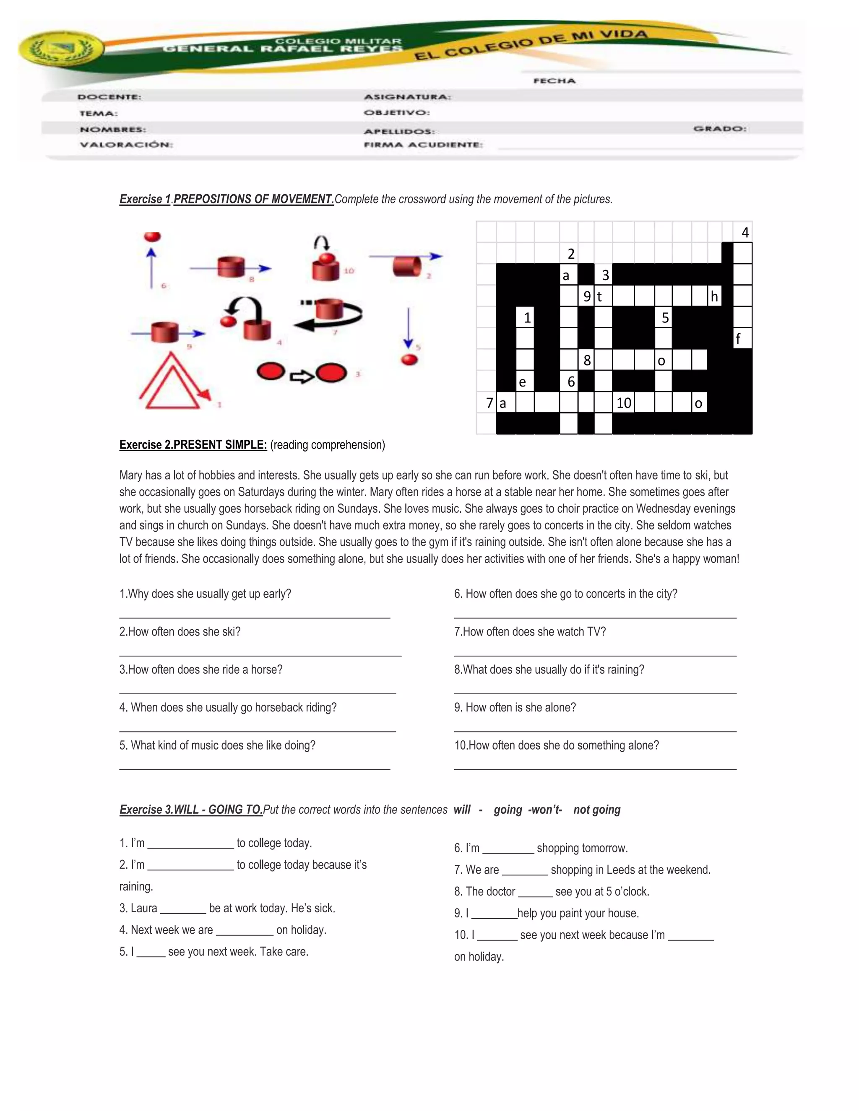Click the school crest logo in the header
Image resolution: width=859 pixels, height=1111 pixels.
(60, 50)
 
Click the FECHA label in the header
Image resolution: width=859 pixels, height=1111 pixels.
(554, 81)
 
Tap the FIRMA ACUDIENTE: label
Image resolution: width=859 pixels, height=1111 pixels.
(423, 145)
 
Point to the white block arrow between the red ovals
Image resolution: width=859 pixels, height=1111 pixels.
(302, 376)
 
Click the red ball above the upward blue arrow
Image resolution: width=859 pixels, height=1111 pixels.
(152, 237)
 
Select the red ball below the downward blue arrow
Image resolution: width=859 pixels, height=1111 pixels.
(409, 360)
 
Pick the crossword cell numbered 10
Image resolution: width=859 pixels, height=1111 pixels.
(623, 403)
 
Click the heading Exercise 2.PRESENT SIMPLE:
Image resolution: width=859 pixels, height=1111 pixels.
(193, 444)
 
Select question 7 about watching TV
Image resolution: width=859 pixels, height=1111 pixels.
(530, 632)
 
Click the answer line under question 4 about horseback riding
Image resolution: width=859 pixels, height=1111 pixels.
(257, 731)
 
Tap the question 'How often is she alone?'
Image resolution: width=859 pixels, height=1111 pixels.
(515, 708)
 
